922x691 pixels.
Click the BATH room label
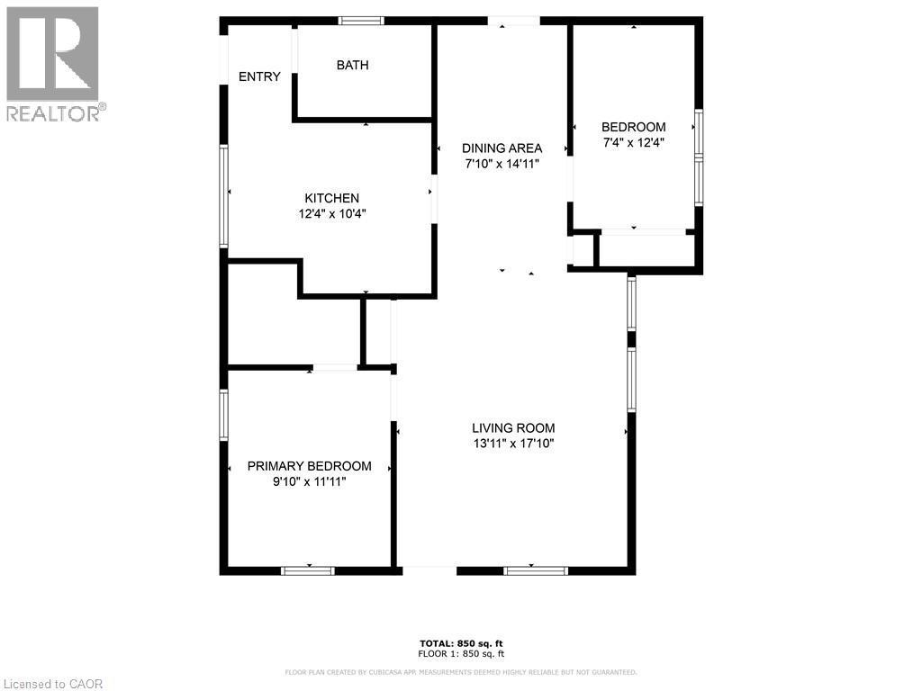pos(352,65)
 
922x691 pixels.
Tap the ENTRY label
pos(259,77)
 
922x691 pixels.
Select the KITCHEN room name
pos(331,198)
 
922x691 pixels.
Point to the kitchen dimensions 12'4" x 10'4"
pos(332,214)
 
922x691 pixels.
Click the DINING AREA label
pos(502,148)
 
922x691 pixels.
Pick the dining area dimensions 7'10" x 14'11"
pos(502,164)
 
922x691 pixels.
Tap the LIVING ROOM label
pos(513,428)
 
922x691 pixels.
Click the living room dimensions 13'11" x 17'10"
pos(513,444)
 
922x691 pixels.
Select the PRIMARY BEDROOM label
pos(309,466)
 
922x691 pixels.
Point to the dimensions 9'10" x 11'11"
pos(309,482)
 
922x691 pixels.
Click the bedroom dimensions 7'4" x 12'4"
pos(634,142)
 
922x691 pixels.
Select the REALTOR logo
pos(53,64)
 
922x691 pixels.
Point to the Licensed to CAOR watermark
pos(53,684)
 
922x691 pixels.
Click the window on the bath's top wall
pos(361,21)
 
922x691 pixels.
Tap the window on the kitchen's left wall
pos(224,195)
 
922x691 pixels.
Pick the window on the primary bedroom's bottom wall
pos(308,570)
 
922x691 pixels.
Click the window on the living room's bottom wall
pos(536,570)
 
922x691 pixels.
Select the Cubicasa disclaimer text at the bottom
pos(461,672)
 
